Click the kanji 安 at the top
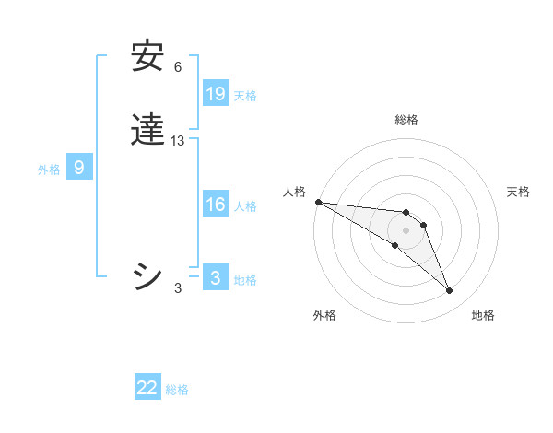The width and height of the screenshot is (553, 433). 147,57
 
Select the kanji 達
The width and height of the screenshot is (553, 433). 147,131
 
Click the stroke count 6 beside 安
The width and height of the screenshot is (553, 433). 178,67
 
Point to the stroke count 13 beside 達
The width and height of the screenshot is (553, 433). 178,141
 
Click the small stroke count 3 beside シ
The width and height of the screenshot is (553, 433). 178,288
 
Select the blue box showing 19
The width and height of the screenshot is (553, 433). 216,93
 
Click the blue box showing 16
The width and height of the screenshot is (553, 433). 216,205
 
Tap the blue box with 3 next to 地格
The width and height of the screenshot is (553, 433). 216,278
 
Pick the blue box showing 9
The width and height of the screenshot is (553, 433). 79,168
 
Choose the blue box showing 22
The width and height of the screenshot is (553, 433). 147,388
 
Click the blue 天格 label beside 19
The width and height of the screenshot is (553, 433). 245,95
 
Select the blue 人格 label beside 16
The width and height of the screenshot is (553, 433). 245,206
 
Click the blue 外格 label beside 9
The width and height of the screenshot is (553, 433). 49,170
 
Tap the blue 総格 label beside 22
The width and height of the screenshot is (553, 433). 177,390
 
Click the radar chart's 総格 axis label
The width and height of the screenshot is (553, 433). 406,120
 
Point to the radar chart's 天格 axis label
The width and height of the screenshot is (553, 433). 518,192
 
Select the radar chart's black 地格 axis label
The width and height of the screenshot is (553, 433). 483,315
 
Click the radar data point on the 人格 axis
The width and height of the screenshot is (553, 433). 318,202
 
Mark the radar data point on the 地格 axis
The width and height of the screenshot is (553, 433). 449,290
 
